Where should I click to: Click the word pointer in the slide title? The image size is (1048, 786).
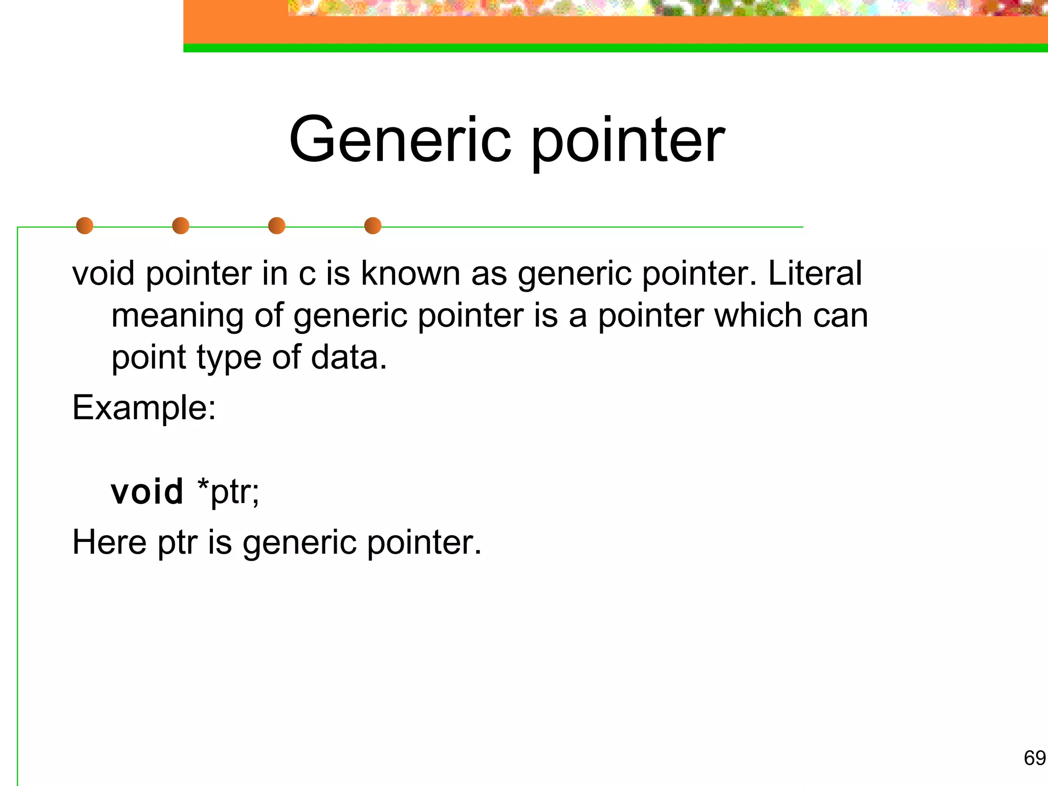(628, 141)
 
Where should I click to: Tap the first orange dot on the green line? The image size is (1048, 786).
(84, 226)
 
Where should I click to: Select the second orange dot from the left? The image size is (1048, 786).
(181, 226)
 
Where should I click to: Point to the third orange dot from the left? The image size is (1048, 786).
(277, 226)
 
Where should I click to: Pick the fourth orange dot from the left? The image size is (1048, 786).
(373, 226)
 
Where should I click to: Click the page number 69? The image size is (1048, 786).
(1034, 758)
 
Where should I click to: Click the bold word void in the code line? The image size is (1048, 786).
(147, 492)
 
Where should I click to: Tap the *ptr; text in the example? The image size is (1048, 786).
(228, 492)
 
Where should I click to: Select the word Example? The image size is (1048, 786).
(144, 408)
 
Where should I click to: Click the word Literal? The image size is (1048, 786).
(815, 273)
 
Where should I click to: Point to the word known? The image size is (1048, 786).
(410, 273)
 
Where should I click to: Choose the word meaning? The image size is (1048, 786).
(177, 316)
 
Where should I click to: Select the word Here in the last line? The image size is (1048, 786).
(109, 542)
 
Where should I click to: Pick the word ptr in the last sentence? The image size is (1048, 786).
(177, 543)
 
